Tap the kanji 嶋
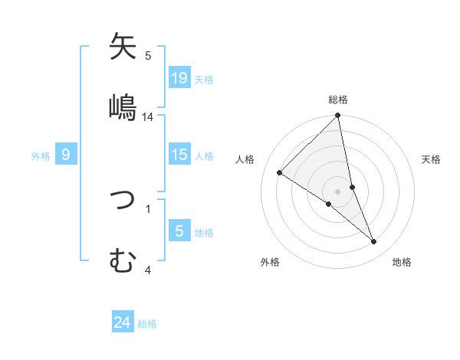pos(123,107)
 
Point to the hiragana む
pos(123,260)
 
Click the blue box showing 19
pos(179,77)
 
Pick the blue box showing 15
pos(179,155)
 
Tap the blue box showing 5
pos(179,231)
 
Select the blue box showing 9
pos(66,155)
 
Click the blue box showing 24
pos(123,322)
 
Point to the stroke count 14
pos(148,117)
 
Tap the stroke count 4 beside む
pos(147,270)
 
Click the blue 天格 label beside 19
pos(204,79)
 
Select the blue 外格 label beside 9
pos(41,156)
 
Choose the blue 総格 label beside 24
pos(147,324)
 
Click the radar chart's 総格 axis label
pos(338,100)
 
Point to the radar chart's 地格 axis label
pos(402,262)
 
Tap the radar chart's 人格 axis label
pos(245,159)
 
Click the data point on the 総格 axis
pos(338,116)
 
